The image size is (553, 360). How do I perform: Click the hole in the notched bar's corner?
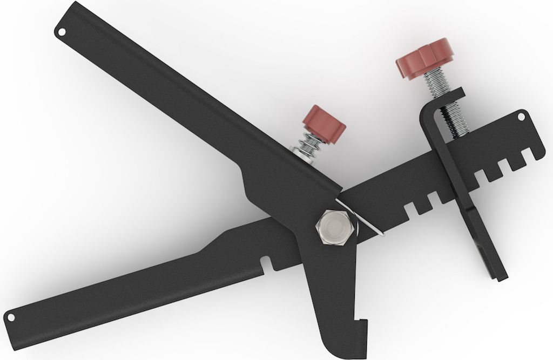(521, 116)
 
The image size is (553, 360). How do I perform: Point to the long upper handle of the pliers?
(162, 97)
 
